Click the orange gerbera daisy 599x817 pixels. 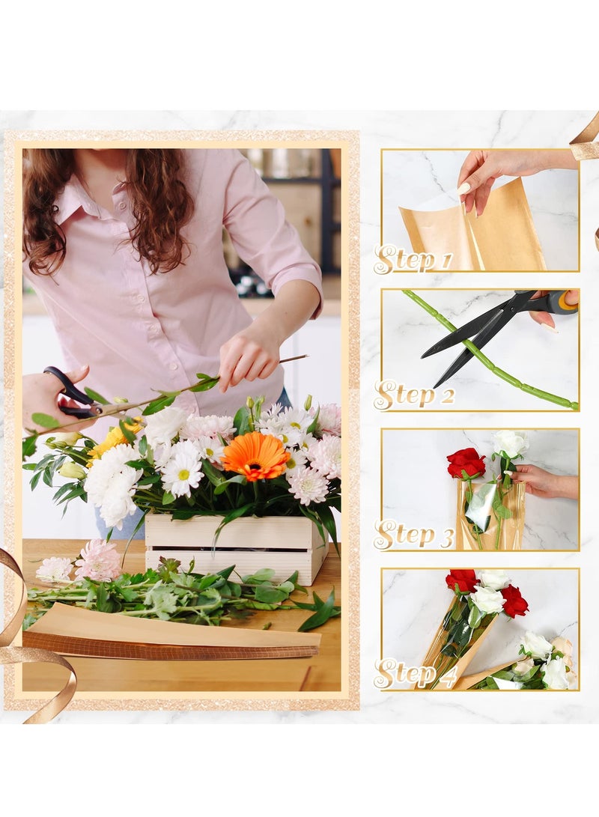[255, 455]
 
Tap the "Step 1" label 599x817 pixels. [413, 260]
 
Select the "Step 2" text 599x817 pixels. [414, 395]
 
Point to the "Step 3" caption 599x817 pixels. [414, 535]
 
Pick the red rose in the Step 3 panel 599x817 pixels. [466, 463]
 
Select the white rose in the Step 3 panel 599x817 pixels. [511, 443]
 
